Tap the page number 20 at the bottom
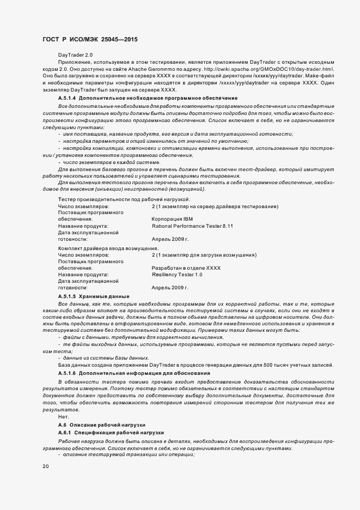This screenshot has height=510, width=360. click(45, 466)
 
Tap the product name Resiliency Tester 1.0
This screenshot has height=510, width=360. click(177, 275)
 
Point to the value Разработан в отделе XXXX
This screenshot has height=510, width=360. click(186, 268)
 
